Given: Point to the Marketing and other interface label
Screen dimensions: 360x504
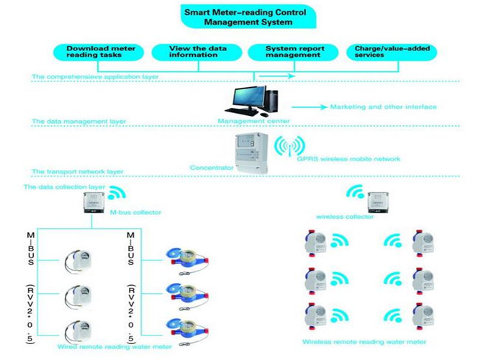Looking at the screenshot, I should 383,107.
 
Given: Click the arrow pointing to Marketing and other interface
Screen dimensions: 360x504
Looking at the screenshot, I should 309,107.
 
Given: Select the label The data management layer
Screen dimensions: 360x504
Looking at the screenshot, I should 79,122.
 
